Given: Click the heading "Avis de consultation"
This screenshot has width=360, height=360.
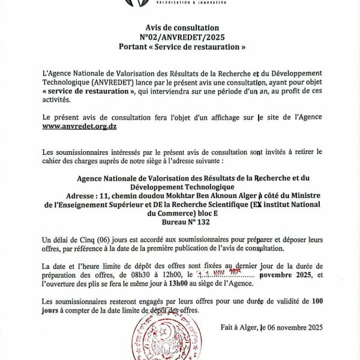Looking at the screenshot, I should pyautogui.click(x=182, y=28).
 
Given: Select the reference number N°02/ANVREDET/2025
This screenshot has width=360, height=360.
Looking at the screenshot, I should pyautogui.click(x=182, y=37).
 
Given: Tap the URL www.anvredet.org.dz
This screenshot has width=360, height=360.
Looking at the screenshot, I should pyautogui.click(x=79, y=127).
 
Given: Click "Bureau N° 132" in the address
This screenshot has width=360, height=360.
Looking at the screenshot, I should pyautogui.click(x=182, y=221).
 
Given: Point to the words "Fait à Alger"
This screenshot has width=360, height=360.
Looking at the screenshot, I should pyautogui.click(x=238, y=327).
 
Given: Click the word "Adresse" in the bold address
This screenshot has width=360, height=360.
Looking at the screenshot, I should pyautogui.click(x=82, y=196).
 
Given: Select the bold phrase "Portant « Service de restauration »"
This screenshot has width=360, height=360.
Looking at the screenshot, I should pyautogui.click(x=182, y=46).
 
